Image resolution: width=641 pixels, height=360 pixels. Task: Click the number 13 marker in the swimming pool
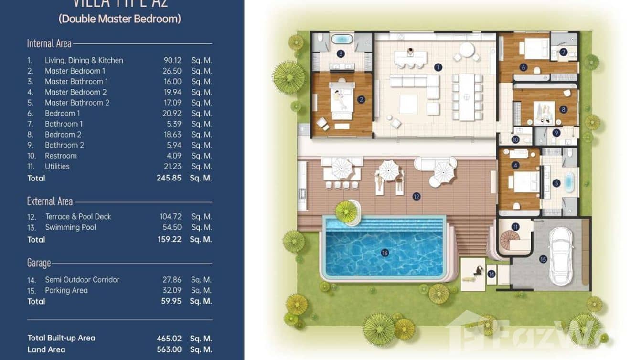tap(385, 253)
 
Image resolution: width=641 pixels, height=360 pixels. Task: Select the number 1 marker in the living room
tap(438, 67)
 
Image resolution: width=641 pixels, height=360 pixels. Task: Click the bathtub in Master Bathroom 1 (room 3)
tap(341, 39)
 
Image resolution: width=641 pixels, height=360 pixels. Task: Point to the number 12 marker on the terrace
tap(417, 196)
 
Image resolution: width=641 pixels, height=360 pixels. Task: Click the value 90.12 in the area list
tap(172, 60)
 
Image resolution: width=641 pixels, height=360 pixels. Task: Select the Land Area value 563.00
tap(169, 349)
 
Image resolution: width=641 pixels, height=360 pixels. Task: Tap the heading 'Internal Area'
tap(49, 43)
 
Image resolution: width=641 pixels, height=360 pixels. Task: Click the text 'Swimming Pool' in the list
tap(70, 227)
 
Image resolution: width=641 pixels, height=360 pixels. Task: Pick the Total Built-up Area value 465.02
tap(169, 338)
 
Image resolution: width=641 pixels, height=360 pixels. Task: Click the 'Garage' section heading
tap(39, 263)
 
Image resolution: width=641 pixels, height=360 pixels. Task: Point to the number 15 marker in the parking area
tap(543, 259)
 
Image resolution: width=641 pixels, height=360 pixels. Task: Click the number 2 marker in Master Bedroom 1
tap(361, 100)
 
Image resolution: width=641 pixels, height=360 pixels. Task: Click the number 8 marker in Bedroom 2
tap(564, 109)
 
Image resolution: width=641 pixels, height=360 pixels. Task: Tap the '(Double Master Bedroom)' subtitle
tap(119, 19)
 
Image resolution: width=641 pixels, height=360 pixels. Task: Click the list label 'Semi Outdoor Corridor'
tap(82, 280)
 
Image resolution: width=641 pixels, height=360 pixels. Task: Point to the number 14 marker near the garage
tap(491, 274)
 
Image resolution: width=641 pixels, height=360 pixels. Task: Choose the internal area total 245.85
tap(169, 178)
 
